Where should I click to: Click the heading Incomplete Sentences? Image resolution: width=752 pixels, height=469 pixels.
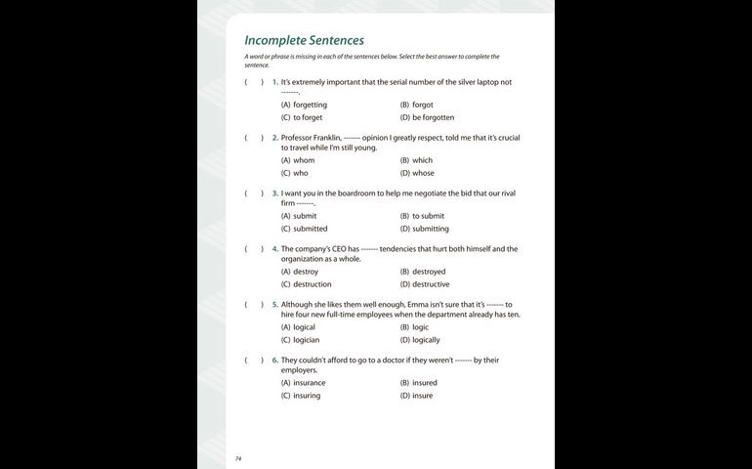tap(304, 40)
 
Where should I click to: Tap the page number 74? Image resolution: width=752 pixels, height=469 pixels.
tap(238, 457)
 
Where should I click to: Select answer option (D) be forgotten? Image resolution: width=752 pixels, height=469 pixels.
tap(427, 117)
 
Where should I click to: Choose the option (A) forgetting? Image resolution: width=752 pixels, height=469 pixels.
tap(304, 105)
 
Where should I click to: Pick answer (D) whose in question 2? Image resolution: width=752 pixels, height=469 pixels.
tap(417, 173)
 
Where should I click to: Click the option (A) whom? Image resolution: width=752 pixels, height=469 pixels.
tap(298, 160)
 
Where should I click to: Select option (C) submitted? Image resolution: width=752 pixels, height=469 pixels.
tap(304, 229)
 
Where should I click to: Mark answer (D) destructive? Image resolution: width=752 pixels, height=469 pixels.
tap(425, 284)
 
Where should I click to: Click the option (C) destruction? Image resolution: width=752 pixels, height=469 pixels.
tap(306, 284)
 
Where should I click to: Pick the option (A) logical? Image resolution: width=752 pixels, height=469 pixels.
tap(298, 327)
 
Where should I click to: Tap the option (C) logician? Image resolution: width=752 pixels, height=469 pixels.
tap(300, 340)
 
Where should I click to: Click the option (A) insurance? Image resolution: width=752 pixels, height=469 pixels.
tap(303, 383)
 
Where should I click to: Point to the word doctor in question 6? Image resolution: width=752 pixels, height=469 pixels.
tap(397, 361)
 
